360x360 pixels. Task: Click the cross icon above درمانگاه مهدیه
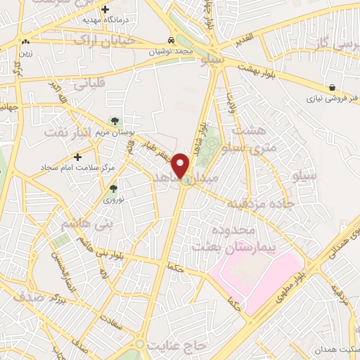pyautogui.click(x=105, y=10)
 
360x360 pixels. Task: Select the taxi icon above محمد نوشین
pyautogui.click(x=172, y=40)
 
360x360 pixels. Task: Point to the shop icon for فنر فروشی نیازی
pyautogui.click(x=311, y=87)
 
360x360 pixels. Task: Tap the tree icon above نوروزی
pyautogui.click(x=113, y=188)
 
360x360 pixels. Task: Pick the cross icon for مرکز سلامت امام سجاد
pyautogui.click(x=77, y=156)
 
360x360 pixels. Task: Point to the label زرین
pyautogui.click(x=25, y=52)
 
